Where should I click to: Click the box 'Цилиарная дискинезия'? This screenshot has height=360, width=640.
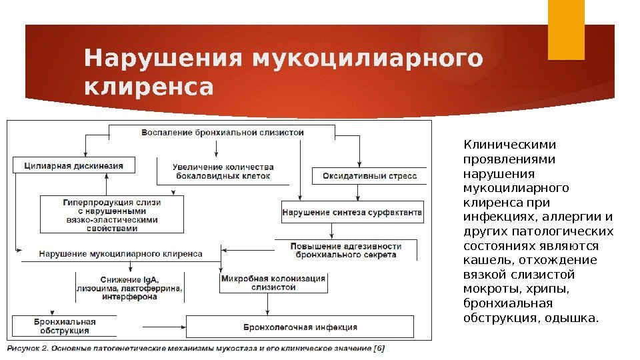click(73, 165)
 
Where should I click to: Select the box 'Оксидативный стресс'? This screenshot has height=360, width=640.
click(360, 176)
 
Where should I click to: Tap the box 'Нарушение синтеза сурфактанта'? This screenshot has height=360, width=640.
click(353, 213)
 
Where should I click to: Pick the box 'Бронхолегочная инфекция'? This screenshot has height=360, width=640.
click(300, 327)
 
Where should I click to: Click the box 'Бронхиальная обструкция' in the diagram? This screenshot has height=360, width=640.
click(65, 326)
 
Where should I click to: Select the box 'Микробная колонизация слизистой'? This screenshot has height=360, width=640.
click(274, 283)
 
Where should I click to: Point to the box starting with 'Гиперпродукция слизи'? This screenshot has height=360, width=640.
click(112, 214)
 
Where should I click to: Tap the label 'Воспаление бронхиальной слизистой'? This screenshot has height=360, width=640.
click(223, 132)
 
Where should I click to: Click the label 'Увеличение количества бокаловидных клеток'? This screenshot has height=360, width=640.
click(223, 171)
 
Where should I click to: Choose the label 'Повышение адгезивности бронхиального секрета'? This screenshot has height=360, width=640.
click(346, 250)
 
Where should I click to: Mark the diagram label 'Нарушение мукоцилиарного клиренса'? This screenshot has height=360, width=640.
click(121, 253)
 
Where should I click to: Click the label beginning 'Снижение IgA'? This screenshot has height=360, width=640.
click(130, 287)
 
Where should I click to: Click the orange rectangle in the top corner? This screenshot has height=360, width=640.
click(565, 29)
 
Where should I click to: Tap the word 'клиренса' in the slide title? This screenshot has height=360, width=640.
click(149, 87)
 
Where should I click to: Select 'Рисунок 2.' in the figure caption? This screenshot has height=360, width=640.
click(31, 348)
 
